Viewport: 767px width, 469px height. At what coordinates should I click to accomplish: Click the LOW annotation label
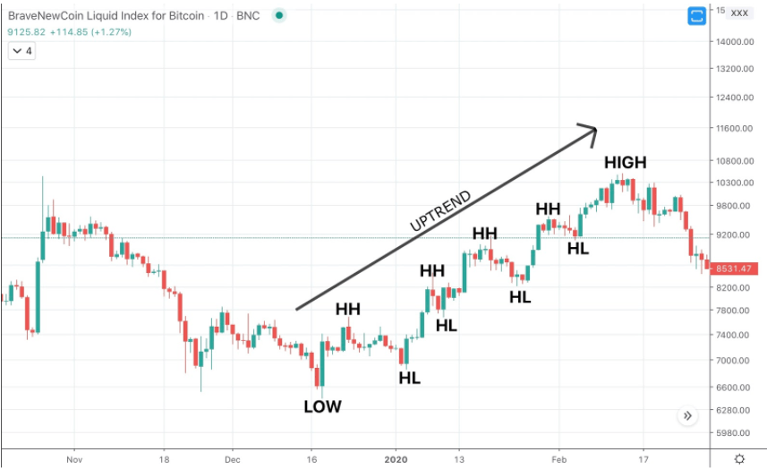tap(322, 406)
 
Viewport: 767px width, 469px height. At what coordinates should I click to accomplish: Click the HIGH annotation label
tap(625, 162)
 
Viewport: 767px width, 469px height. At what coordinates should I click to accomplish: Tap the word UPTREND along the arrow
tap(440, 212)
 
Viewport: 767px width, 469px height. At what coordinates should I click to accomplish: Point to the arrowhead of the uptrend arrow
tap(591, 129)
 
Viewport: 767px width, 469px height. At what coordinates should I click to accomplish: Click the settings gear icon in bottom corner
tap(738, 458)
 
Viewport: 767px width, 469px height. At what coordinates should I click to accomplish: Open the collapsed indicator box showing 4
tap(22, 51)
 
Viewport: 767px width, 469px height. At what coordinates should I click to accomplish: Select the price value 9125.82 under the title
tap(25, 32)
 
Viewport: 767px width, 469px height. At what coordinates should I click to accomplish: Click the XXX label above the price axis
tap(739, 13)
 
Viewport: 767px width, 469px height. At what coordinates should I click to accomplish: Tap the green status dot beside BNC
tap(281, 15)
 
